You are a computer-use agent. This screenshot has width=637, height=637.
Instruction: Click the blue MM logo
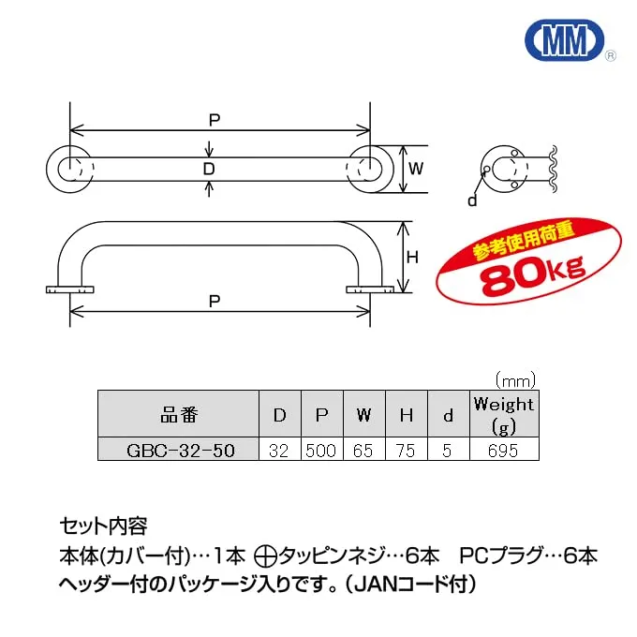(565, 39)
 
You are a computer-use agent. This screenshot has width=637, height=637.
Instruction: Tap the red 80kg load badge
(528, 262)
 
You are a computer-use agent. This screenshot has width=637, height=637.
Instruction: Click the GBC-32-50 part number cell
(179, 450)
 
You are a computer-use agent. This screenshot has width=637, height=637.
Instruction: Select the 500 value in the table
(321, 451)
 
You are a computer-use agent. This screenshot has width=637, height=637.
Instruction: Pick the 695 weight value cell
(504, 451)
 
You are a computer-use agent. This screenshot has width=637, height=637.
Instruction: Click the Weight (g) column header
(504, 414)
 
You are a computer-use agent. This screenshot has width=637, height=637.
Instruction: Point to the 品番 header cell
(179, 414)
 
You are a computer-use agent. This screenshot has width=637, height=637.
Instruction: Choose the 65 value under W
(363, 451)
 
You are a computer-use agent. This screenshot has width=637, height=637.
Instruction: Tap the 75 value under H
(406, 451)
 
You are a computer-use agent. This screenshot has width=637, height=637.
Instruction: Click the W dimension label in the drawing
(416, 169)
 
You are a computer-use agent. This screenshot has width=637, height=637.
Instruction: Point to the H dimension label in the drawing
(412, 258)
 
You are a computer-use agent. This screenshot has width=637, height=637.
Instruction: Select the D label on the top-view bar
(209, 169)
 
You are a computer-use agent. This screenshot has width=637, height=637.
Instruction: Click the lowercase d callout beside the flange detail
(472, 200)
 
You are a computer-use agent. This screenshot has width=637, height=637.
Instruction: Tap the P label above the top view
(215, 120)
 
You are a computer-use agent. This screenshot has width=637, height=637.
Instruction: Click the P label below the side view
(215, 301)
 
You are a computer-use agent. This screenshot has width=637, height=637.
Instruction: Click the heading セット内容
(104, 526)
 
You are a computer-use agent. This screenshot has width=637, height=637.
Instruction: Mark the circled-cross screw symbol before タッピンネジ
(266, 556)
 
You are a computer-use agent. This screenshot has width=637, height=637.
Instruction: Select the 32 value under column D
(279, 451)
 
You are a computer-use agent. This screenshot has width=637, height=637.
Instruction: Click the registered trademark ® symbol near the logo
(611, 56)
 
